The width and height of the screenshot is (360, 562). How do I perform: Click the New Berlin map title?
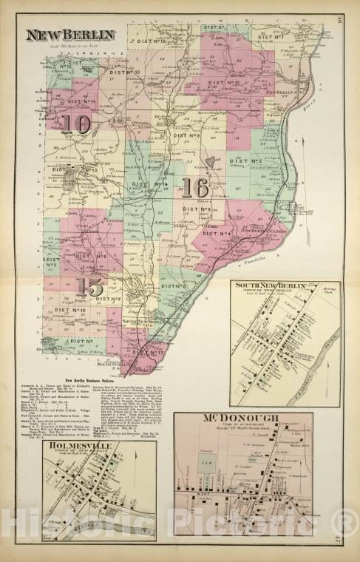[x=70, y=35]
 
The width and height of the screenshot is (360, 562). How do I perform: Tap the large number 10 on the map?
[x=76, y=123]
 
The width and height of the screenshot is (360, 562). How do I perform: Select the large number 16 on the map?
[x=195, y=188]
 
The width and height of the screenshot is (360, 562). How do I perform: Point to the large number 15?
[x=94, y=286]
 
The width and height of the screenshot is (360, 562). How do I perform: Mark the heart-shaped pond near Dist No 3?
[x=211, y=161]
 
